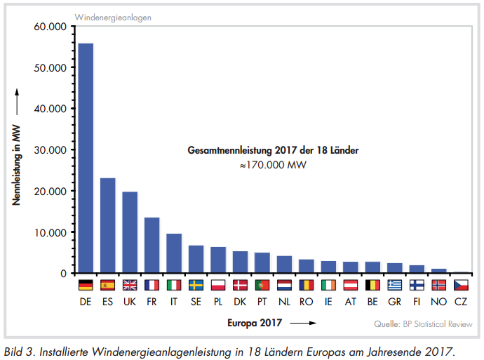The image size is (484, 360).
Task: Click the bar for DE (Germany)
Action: click(x=86, y=158)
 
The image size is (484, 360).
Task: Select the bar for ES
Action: click(x=108, y=225)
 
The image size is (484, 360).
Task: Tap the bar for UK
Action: click(x=130, y=232)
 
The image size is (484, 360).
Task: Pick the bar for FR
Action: click(x=152, y=245)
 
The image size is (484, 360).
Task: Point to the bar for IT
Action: click(x=174, y=253)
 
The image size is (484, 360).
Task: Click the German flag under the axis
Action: click(x=86, y=285)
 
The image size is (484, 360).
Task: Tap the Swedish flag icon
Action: click(x=196, y=285)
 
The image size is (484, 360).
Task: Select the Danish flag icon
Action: click(x=240, y=285)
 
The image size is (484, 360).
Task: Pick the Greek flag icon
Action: click(x=395, y=285)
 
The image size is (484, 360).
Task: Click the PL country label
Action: click(x=218, y=302)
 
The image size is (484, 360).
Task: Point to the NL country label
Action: click(x=284, y=302)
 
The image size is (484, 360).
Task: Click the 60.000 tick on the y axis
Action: click(x=49, y=27)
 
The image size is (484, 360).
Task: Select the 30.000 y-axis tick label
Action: click(x=49, y=150)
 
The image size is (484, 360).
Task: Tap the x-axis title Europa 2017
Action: click(x=255, y=324)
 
